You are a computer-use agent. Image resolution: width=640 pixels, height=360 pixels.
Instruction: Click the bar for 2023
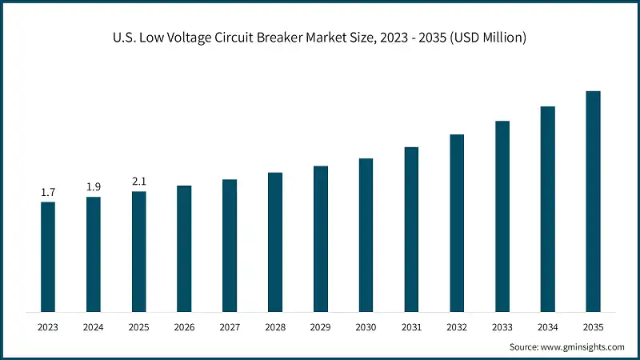point(48,256)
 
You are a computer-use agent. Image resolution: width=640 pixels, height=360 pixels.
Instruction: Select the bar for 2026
point(184,248)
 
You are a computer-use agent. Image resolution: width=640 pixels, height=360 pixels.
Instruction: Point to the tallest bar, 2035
point(593,201)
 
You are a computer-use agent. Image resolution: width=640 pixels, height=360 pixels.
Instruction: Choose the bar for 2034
point(548,209)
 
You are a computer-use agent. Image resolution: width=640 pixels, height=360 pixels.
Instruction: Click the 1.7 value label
point(48,193)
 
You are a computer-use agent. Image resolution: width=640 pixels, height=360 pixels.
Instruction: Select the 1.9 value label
point(94,187)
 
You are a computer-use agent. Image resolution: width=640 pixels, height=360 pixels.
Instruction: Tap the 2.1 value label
point(139,182)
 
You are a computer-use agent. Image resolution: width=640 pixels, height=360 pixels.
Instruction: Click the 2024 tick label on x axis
point(94,326)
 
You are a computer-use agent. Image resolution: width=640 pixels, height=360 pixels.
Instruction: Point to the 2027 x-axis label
point(230,326)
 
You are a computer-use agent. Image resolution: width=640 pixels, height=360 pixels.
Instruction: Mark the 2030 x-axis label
point(366,326)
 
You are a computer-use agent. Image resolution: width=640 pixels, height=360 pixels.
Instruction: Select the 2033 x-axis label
point(502,326)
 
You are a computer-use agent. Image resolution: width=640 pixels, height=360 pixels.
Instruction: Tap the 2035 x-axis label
point(593,326)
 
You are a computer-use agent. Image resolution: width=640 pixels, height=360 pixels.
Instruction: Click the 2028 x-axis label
point(275,326)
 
